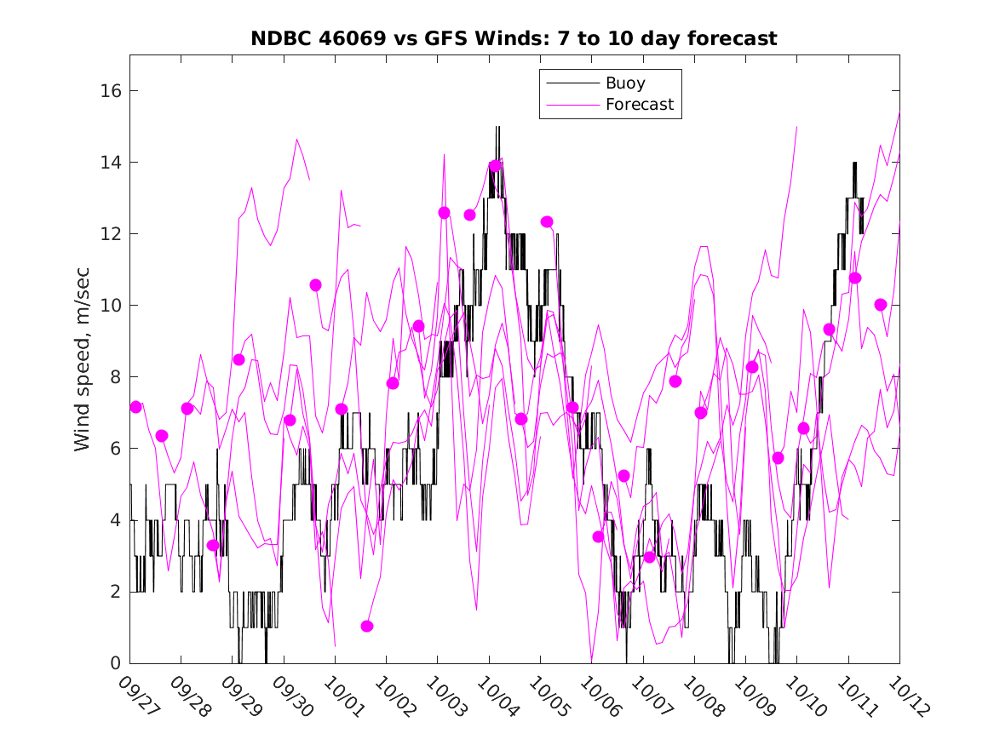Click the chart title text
[x=514, y=39]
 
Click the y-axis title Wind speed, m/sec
[x=82, y=358]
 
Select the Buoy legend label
[x=625, y=83]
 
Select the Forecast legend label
[x=639, y=105]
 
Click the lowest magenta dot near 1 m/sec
[x=367, y=626]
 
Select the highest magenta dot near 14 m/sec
[x=496, y=165]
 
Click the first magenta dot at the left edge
[x=135, y=407]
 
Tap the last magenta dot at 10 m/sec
[x=881, y=305]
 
